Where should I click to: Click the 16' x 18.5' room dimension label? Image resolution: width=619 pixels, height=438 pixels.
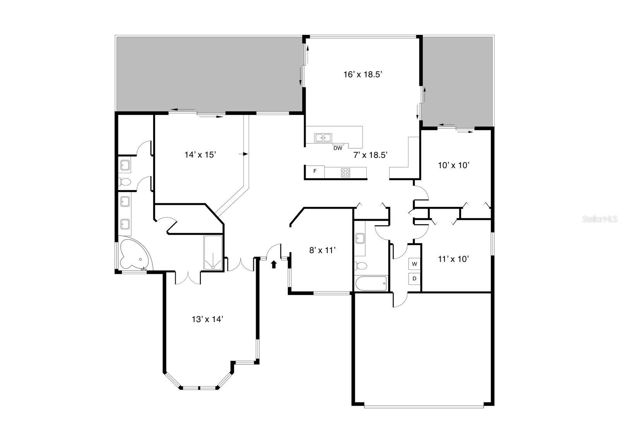click(x=363, y=74)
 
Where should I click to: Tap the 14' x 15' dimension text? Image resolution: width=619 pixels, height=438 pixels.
click(x=200, y=155)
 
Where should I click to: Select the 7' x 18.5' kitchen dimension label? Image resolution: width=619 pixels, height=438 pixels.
click(x=370, y=155)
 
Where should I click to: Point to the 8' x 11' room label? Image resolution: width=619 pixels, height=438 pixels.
click(x=322, y=251)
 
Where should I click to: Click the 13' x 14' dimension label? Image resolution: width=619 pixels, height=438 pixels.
click(x=207, y=319)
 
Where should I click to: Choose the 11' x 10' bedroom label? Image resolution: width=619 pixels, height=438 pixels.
click(x=453, y=259)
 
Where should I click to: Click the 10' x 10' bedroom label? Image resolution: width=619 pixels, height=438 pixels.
click(x=453, y=165)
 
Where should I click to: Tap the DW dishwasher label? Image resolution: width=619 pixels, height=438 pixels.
click(x=338, y=148)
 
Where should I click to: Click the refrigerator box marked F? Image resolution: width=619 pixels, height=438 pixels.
click(x=315, y=172)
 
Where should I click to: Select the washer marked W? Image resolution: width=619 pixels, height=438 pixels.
click(x=414, y=264)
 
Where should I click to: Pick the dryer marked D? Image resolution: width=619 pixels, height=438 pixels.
click(x=414, y=278)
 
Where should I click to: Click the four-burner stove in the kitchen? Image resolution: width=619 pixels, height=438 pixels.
click(x=345, y=173)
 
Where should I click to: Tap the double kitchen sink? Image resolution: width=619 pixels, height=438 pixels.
click(x=323, y=137)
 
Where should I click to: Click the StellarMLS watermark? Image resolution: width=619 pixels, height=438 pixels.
click(x=600, y=219)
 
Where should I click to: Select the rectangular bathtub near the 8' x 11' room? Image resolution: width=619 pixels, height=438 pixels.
click(x=371, y=283)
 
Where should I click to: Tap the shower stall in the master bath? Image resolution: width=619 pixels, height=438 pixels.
click(x=213, y=252)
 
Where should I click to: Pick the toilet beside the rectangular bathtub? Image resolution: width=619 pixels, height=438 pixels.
click(x=361, y=266)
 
